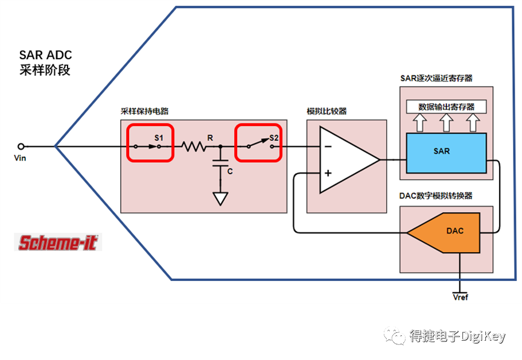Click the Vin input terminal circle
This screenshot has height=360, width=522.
[x=21, y=146]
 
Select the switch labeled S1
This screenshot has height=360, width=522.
[x=150, y=143]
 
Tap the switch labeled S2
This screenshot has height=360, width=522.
[x=258, y=143]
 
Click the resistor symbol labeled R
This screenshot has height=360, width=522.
[x=194, y=147]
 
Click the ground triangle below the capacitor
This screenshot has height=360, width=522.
[x=221, y=198]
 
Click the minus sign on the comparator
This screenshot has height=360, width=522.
[x=327, y=147]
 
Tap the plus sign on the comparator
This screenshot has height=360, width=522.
[x=328, y=174]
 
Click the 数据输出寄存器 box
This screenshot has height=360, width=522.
[x=446, y=107]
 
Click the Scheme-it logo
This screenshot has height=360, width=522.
[x=58, y=242]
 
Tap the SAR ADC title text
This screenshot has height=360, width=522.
[x=46, y=55]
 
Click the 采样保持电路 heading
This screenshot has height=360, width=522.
[x=145, y=112]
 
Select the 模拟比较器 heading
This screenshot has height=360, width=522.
[x=326, y=112]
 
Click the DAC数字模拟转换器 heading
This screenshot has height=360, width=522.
[x=436, y=196]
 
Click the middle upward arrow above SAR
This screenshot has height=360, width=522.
[x=446, y=123]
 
